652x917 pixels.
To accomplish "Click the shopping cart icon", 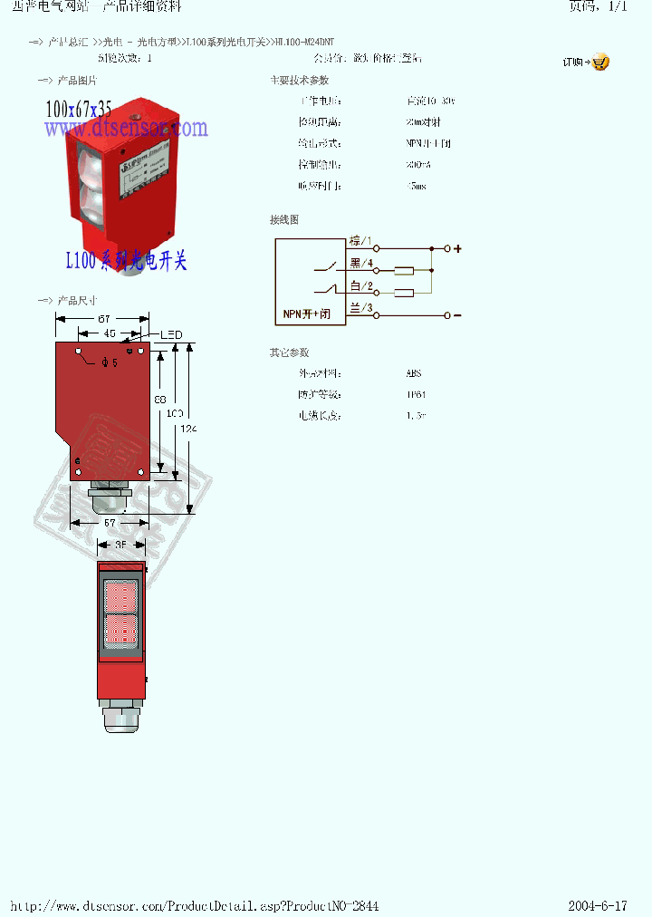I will pyautogui.click(x=600, y=63).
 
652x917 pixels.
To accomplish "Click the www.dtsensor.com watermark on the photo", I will pyautogui.click(x=126, y=130).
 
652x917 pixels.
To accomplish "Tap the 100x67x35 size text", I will pyautogui.click(x=79, y=110).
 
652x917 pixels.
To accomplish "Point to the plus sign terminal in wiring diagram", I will pyautogui.click(x=457, y=248).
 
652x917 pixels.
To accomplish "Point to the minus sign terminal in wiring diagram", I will pyautogui.click(x=457, y=315).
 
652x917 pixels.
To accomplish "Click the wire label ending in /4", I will pyautogui.click(x=361, y=264).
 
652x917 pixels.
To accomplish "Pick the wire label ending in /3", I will pyautogui.click(x=361, y=308).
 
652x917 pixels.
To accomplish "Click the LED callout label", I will pyautogui.click(x=171, y=334).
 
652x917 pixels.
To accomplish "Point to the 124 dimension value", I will pyautogui.click(x=188, y=429).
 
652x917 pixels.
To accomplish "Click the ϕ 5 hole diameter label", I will pyautogui.click(x=110, y=362).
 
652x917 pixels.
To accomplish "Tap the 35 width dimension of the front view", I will pyautogui.click(x=120, y=545).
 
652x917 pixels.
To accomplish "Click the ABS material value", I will pyautogui.click(x=414, y=373).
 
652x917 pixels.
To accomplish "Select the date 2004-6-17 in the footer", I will pyautogui.click(x=598, y=906).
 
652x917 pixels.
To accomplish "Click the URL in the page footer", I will pyautogui.click(x=194, y=906).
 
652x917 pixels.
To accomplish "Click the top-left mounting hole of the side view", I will pyautogui.click(x=80, y=352).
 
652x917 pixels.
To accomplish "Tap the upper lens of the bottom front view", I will pyautogui.click(x=120, y=596).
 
